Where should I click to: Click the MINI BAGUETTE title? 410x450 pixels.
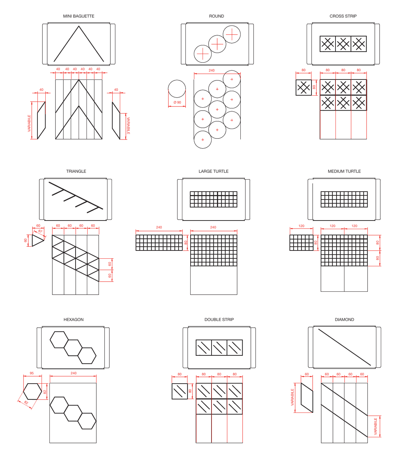click(x=79, y=16)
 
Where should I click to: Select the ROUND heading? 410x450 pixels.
click(x=216, y=16)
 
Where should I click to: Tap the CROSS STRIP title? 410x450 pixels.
click(x=343, y=16)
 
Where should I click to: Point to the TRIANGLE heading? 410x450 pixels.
click(x=76, y=171)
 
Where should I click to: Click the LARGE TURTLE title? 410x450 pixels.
click(x=213, y=171)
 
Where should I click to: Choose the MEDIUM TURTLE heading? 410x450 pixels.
click(x=344, y=171)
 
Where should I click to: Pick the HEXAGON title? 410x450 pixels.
click(x=73, y=319)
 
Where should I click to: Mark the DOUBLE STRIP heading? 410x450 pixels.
click(x=219, y=319)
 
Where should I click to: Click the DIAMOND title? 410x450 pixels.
click(x=344, y=319)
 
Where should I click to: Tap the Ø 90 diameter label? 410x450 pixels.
click(x=177, y=102)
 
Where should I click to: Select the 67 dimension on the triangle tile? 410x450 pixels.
click(x=40, y=231)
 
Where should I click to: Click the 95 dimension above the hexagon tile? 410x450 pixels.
click(x=31, y=373)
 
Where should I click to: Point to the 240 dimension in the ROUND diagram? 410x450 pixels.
click(x=212, y=70)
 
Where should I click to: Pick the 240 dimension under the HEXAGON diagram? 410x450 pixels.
click(x=73, y=373)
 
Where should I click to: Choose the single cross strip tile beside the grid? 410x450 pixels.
click(x=304, y=87)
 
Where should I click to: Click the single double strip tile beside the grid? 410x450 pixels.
click(x=180, y=391)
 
